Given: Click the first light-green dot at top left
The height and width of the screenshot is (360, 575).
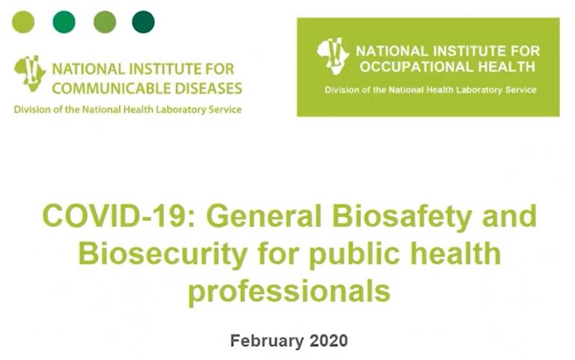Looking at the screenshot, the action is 23,22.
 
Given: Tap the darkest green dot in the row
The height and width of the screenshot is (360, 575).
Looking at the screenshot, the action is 144,22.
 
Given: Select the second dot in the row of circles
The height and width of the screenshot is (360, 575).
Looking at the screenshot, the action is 64,22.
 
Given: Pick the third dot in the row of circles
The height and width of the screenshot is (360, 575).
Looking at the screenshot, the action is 105,22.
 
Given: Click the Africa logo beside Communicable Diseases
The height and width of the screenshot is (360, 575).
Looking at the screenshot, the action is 30,73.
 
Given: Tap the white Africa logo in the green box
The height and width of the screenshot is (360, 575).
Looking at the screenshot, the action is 333,56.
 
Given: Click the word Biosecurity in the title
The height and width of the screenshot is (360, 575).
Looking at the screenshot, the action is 162,254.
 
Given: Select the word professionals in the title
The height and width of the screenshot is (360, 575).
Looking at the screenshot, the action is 289,292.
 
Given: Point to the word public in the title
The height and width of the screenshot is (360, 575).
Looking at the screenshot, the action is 354,254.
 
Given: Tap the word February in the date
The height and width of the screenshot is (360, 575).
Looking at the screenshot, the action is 267,341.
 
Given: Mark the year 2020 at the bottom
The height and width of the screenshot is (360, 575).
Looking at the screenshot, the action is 329,341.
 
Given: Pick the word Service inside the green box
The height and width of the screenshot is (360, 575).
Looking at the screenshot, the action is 521,90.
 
